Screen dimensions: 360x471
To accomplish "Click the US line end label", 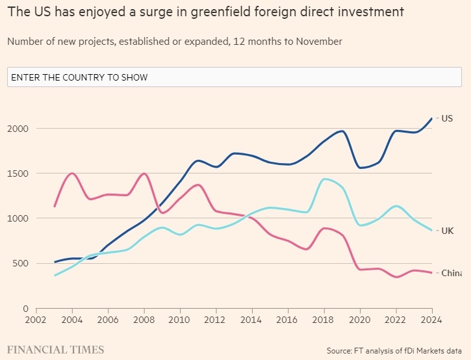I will (447, 118).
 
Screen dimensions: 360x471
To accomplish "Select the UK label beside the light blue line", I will (447, 231).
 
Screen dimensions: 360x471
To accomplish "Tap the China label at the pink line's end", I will (452, 273).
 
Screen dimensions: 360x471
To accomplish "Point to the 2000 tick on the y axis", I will (18, 129).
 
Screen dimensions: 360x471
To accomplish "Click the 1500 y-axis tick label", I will (18, 174).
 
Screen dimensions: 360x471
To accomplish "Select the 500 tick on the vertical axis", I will (21, 263).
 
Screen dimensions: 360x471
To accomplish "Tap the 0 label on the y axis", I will (27, 308).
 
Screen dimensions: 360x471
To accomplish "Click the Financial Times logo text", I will (55, 350).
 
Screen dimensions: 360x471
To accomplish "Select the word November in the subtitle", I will (318, 42).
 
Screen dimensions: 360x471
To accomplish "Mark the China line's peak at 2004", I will (72, 174).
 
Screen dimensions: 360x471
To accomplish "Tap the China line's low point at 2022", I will (396, 277).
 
